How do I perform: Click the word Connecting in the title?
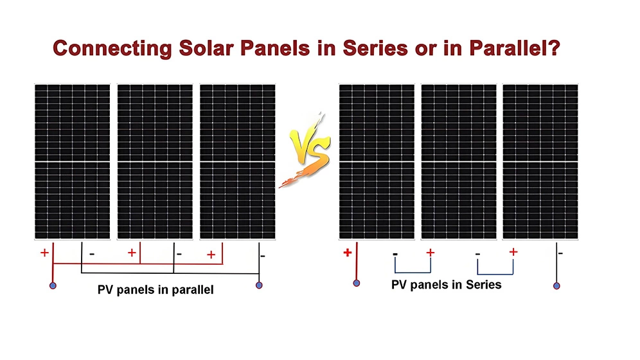(x=112, y=49)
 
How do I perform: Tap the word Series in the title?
(x=375, y=48)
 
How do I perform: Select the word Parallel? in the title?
(x=515, y=48)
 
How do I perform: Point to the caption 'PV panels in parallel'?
(x=156, y=290)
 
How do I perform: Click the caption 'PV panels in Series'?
(x=446, y=285)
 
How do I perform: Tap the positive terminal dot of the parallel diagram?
(x=53, y=285)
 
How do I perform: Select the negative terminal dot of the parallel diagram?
(x=259, y=285)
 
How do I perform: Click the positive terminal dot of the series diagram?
(x=357, y=283)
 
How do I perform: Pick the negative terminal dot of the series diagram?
(x=556, y=285)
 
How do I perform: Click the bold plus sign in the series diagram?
(x=348, y=253)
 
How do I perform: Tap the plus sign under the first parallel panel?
(x=44, y=253)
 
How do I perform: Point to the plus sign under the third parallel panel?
(x=211, y=255)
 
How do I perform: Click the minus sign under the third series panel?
(x=561, y=253)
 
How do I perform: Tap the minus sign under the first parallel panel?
(x=92, y=255)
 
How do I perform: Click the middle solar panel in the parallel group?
(x=155, y=161)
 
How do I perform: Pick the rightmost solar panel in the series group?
(x=540, y=161)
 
